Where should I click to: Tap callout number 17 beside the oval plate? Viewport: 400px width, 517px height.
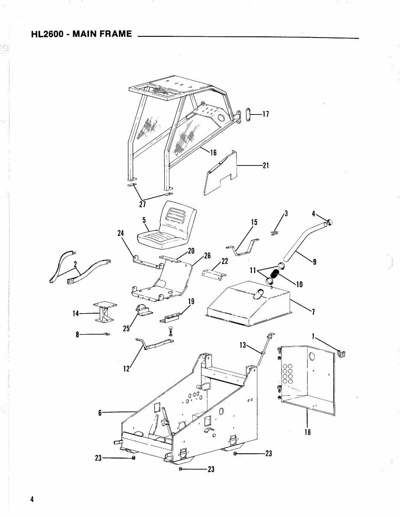pyautogui.click(x=265, y=114)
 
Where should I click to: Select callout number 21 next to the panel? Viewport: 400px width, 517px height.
pyautogui.click(x=265, y=165)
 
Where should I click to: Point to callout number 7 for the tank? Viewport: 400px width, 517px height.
pyautogui.click(x=313, y=312)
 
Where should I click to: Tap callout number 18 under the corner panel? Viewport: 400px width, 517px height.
pyautogui.click(x=307, y=432)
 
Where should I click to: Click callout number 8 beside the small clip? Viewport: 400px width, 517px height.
pyautogui.click(x=77, y=335)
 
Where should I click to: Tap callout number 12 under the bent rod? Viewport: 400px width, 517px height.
pyautogui.click(x=126, y=369)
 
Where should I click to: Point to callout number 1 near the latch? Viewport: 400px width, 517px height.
pyautogui.click(x=313, y=337)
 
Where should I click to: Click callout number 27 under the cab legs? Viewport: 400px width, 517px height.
pyautogui.click(x=142, y=204)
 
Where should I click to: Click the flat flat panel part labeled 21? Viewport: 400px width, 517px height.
pyautogui.click(x=220, y=175)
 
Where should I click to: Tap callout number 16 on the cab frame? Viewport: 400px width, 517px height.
pyautogui.click(x=213, y=152)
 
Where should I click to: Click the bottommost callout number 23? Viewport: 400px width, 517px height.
pyautogui.click(x=210, y=469)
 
